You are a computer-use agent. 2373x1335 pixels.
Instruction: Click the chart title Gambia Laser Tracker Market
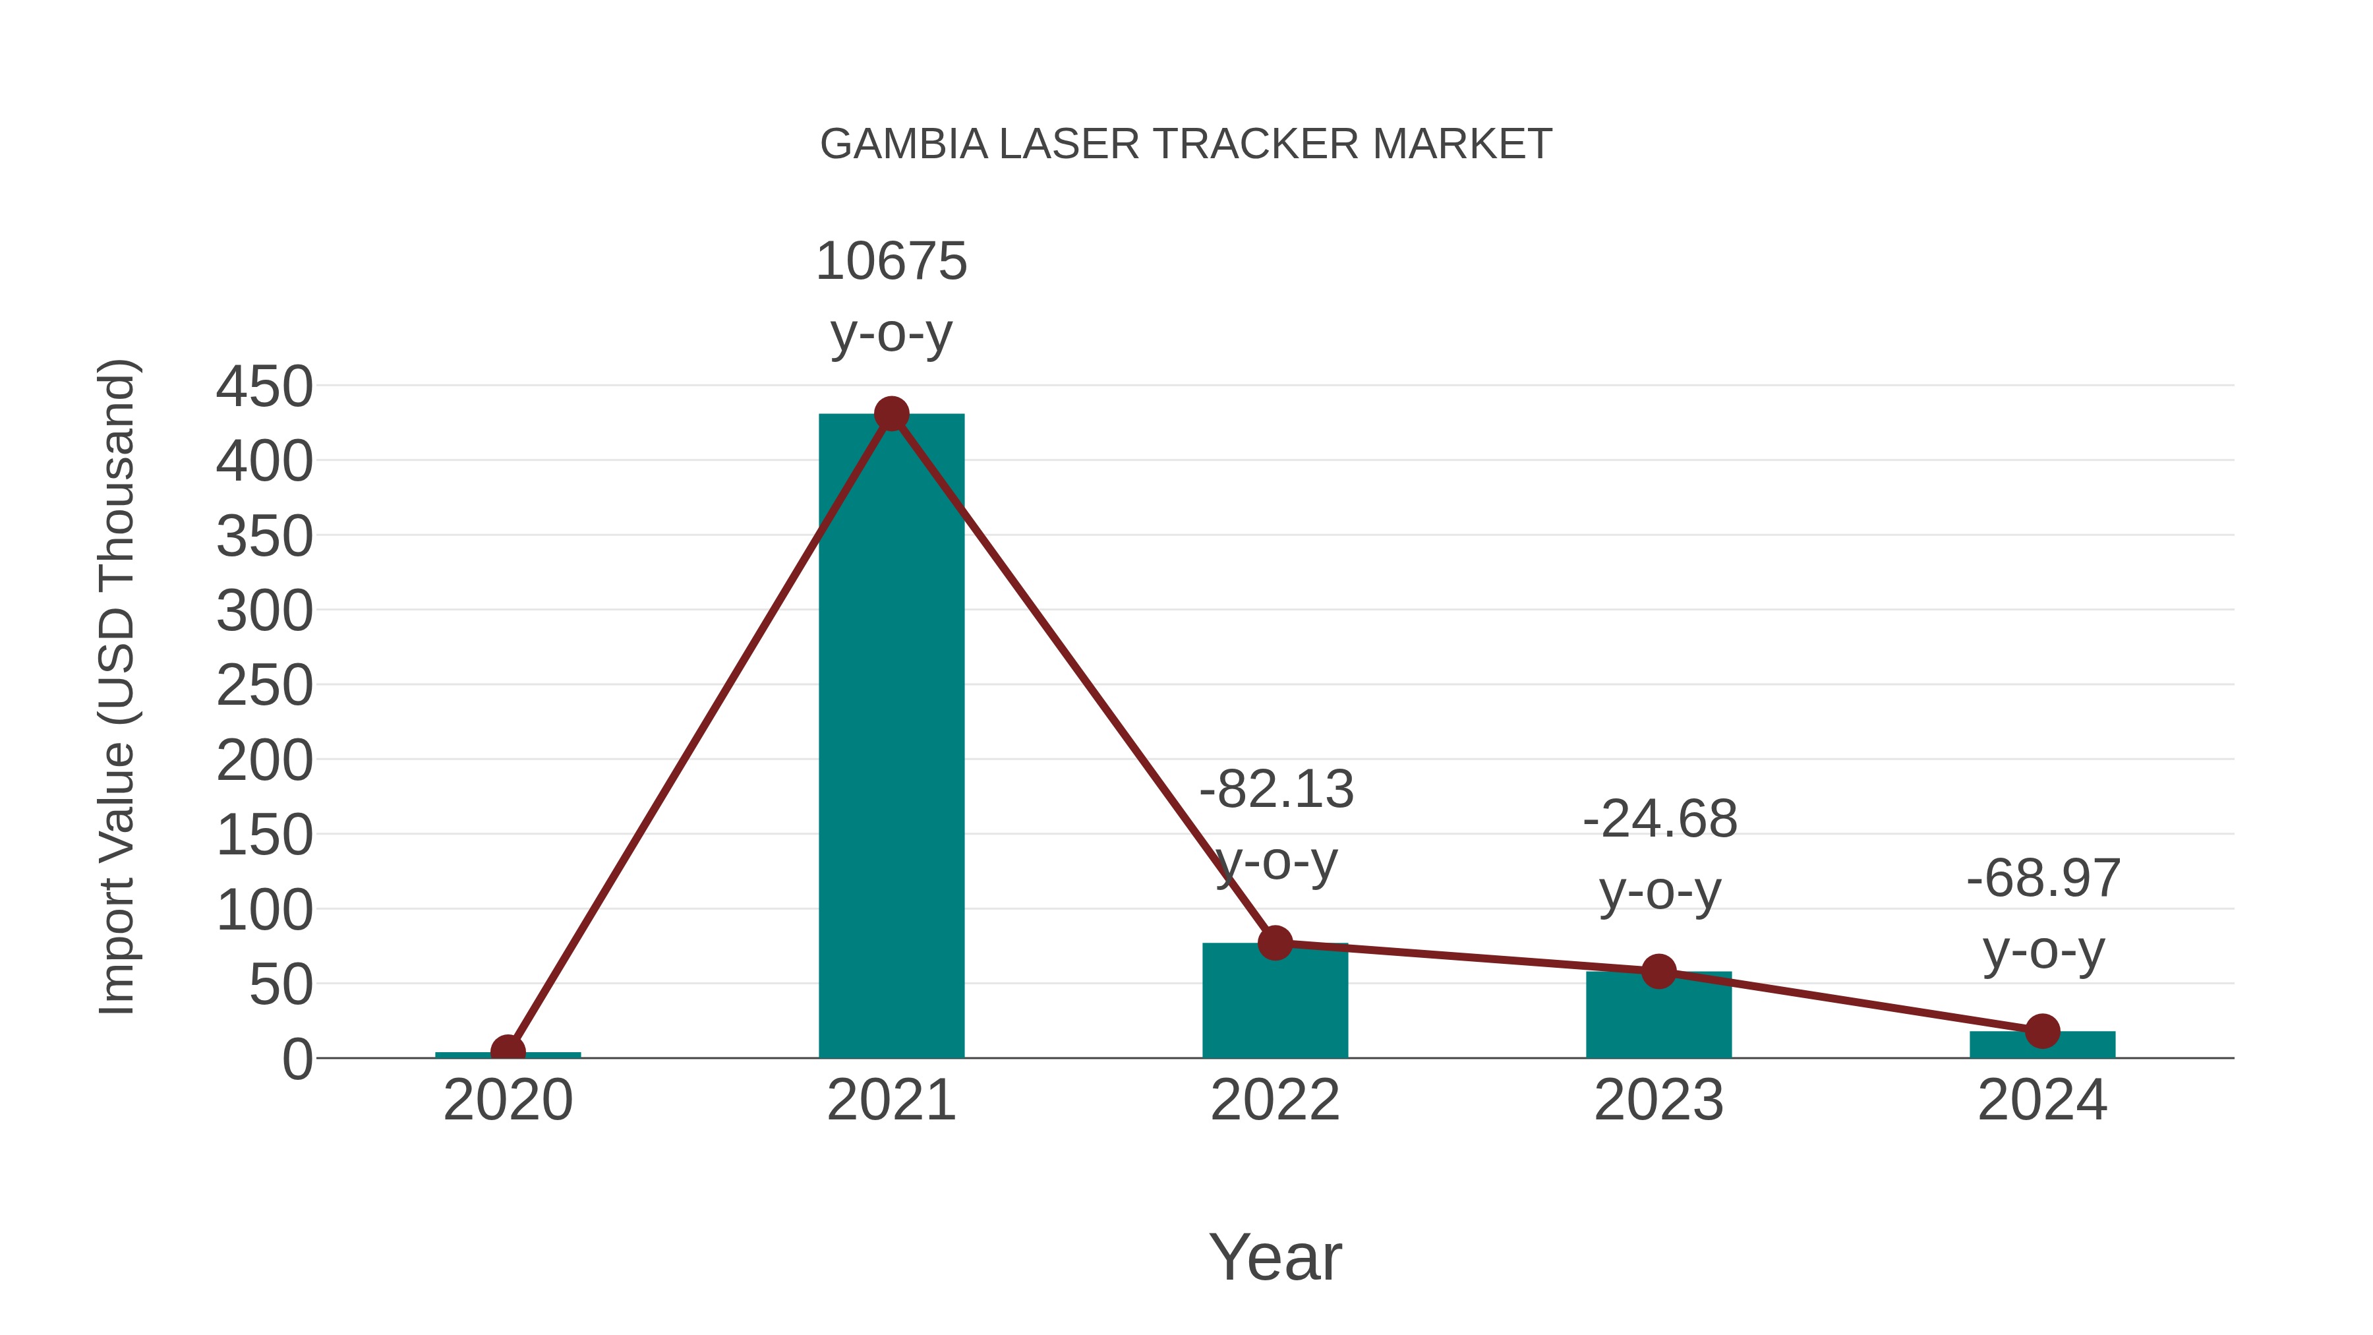1186,144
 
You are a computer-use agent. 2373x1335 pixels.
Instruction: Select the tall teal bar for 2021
891,737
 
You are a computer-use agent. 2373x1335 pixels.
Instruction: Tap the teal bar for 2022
1275,1004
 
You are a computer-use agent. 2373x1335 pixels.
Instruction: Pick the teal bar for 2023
1658,1018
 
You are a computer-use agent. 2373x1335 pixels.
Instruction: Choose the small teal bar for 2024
2042,1045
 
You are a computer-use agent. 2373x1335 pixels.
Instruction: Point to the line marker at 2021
891,415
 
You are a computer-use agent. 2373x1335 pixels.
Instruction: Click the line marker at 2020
508,1050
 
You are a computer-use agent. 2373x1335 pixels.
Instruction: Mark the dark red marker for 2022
1275,943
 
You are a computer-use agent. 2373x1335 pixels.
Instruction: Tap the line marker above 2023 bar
1658,971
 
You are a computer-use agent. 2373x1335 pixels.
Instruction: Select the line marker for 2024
2042,1031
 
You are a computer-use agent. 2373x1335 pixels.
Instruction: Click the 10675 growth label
891,262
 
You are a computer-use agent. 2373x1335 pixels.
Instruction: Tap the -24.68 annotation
1659,819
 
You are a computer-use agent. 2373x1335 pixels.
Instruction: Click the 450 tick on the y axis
264,387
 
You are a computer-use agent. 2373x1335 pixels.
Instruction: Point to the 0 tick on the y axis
297,1059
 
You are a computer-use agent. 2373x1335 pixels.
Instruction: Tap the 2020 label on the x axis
508,1101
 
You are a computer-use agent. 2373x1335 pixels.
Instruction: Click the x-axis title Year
1275,1258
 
